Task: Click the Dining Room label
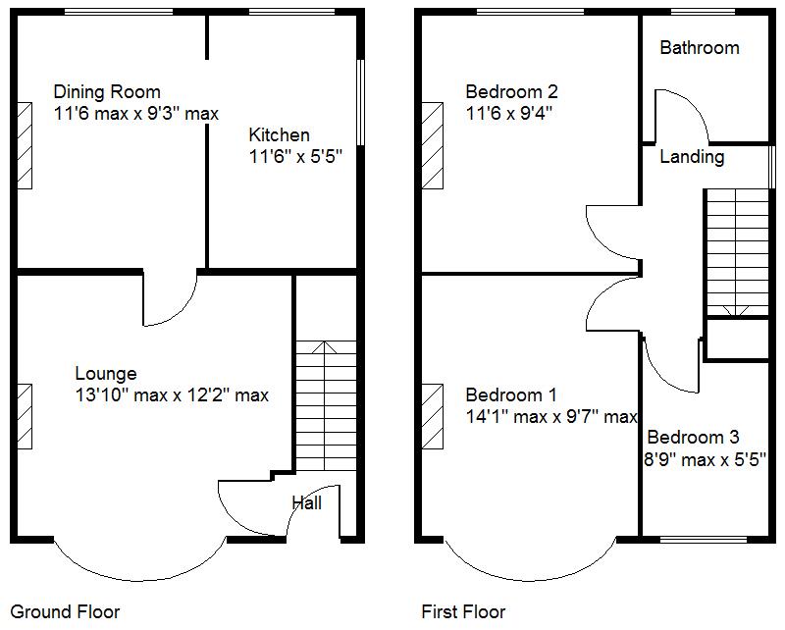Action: (107, 92)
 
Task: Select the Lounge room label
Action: (106, 373)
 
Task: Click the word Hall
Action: (306, 503)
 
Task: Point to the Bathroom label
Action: (699, 48)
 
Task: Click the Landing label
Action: (692, 157)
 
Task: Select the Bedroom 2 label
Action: (511, 92)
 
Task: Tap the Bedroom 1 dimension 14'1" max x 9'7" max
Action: (551, 417)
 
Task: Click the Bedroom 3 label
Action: (693, 438)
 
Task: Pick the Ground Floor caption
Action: (65, 612)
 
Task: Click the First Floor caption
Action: (463, 612)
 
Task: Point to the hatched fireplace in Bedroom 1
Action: (432, 415)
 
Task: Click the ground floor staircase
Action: (325, 402)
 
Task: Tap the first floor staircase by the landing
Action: (736, 250)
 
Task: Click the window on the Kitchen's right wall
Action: (359, 103)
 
